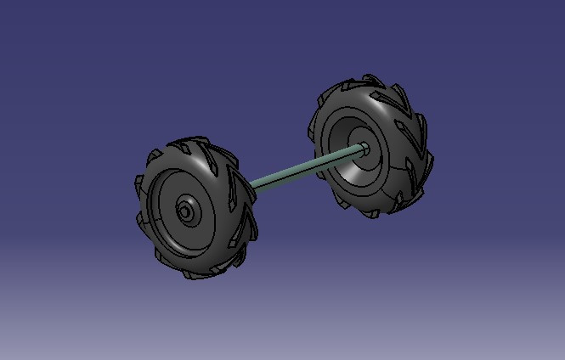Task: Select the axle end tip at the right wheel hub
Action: (x=364, y=147)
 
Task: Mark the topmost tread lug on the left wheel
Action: (x=195, y=143)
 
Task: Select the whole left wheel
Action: (x=195, y=208)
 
